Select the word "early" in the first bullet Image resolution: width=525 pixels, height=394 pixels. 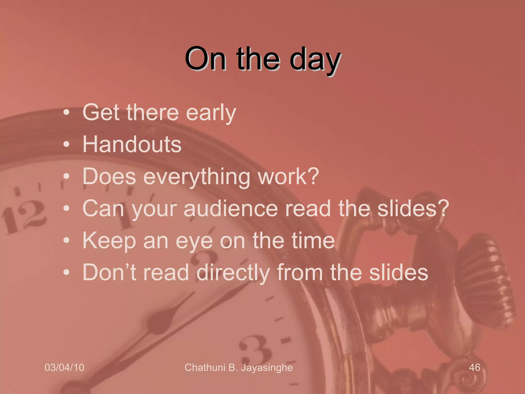[x=211, y=113]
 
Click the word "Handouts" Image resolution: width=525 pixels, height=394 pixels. [x=132, y=144]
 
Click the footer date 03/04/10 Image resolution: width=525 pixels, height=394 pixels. [x=64, y=367]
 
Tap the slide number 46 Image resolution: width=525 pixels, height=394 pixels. [x=474, y=367]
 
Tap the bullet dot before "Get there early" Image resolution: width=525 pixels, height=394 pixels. [x=67, y=113]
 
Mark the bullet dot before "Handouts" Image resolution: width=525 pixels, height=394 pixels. [x=67, y=144]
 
